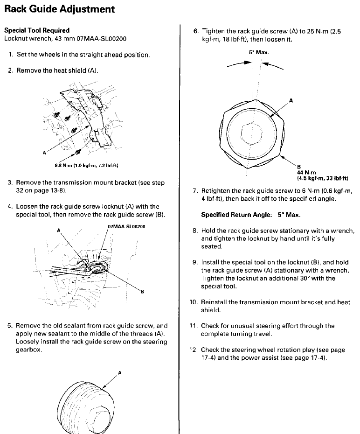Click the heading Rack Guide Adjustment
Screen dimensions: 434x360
pyautogui.click(x=60, y=9)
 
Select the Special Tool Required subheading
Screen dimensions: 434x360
pyautogui.click(x=37, y=30)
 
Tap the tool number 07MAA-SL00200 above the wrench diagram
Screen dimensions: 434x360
pyautogui.click(x=127, y=227)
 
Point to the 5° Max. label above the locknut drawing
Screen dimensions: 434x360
pyautogui.click(x=258, y=53)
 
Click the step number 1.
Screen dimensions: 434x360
pyautogui.click(x=10, y=55)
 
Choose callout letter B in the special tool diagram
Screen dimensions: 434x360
pyautogui.click(x=142, y=292)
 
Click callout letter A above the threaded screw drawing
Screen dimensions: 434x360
pyautogui.click(x=119, y=373)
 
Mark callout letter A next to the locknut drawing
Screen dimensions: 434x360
pyautogui.click(x=291, y=100)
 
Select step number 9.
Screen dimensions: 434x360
pyautogui.click(x=195, y=262)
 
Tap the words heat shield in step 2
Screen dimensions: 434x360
pyautogui.click(x=70, y=70)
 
